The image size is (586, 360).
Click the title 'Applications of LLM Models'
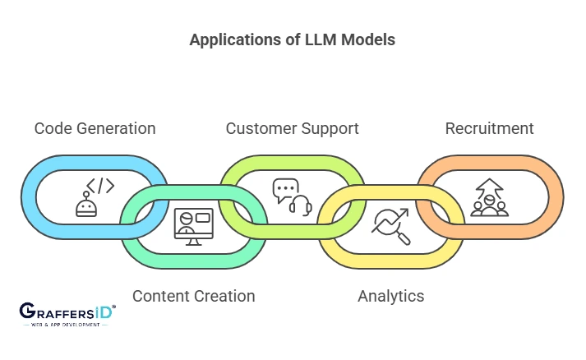292,39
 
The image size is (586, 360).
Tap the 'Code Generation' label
95,128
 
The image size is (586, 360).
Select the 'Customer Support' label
292,128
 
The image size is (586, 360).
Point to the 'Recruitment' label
489,128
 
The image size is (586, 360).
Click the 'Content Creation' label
193,296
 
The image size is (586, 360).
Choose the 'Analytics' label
390,296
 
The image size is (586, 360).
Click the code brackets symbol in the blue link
99,185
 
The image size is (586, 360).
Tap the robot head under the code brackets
86,206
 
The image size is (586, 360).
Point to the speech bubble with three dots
284,190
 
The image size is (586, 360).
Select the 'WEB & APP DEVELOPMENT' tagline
66,325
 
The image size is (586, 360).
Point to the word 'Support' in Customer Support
329,128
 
